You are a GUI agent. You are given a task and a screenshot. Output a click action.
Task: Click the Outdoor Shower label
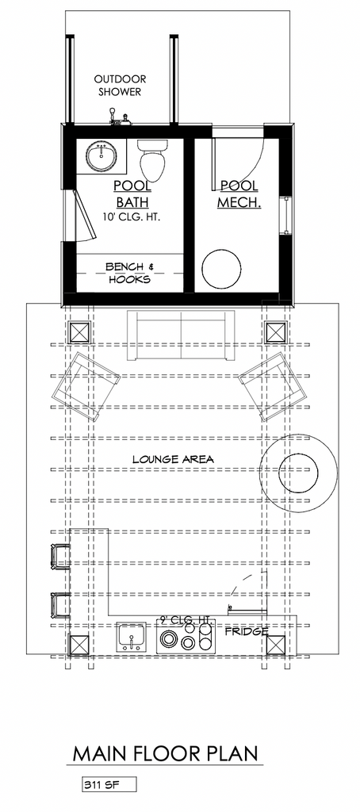(120, 86)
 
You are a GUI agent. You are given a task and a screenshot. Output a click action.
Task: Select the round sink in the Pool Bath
(101, 156)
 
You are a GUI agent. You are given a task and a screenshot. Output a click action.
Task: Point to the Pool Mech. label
(239, 193)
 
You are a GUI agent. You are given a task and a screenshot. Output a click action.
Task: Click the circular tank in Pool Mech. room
(221, 270)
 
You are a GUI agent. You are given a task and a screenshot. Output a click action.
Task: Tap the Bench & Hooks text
(129, 273)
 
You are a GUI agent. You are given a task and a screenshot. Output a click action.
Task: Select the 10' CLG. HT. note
(132, 217)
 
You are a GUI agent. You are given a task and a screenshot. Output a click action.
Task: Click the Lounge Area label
(173, 459)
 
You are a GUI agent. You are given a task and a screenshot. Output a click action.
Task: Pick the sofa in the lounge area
(180, 336)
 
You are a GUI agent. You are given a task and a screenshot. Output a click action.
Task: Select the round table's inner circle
(298, 473)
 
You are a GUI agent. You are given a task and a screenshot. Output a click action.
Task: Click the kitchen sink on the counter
(131, 637)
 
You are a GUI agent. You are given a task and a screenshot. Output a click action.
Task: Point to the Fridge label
(246, 632)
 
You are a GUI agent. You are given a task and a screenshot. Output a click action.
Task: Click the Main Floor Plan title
(165, 753)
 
